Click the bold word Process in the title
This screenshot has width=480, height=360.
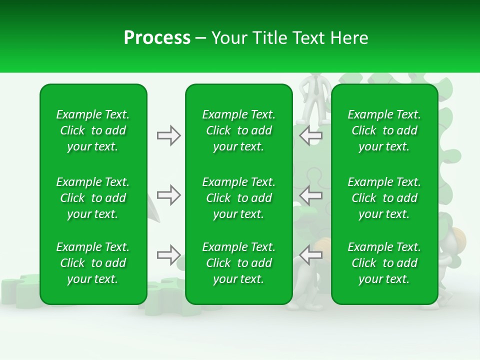pos(157,38)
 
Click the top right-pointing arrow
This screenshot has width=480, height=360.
pos(168,135)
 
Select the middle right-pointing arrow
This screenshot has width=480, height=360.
pos(168,195)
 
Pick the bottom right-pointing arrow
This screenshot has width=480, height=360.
pos(168,255)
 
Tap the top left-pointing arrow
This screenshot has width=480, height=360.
pos(311,135)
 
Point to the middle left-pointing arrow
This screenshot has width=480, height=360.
pos(311,195)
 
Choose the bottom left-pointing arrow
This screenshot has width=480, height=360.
pos(311,255)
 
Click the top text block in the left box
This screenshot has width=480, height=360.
pos(93,130)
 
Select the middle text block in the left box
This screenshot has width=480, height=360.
pos(93,198)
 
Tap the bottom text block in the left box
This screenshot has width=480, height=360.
pos(93,263)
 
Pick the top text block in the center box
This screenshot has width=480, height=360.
pos(238,130)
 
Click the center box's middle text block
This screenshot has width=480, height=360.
pos(238,198)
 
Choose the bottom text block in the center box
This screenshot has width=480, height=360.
pos(238,263)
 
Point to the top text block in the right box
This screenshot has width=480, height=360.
pos(384,130)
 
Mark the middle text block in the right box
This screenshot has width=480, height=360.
pos(384,198)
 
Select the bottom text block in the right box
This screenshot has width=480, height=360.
pos(384,263)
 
